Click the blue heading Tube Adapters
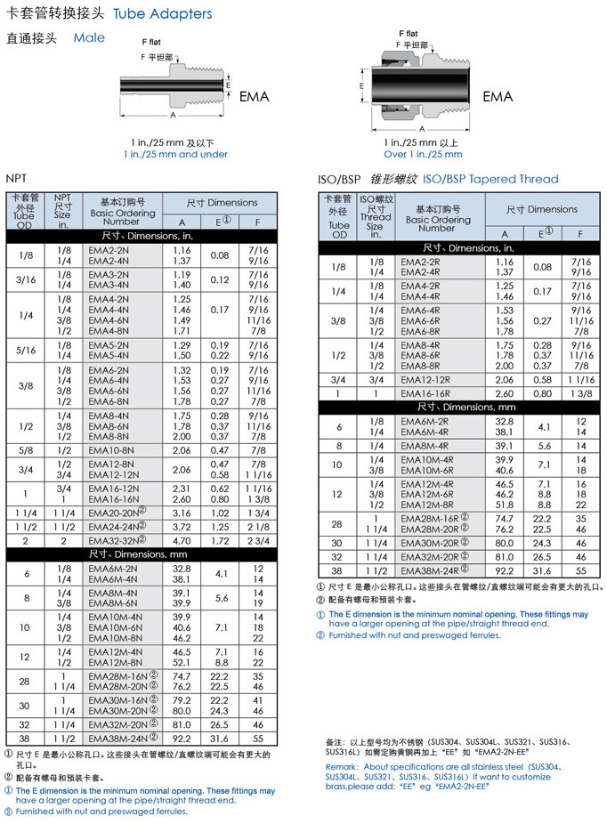click(163, 13)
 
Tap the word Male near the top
click(89, 37)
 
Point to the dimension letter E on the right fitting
click(361, 85)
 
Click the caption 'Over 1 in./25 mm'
click(423, 154)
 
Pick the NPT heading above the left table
click(16, 178)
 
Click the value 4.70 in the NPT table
click(182, 540)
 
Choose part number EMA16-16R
click(425, 392)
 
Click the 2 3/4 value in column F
click(259, 540)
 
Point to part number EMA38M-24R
click(430, 570)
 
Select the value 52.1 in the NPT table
click(182, 662)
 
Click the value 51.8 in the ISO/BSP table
click(504, 505)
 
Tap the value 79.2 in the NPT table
click(182, 699)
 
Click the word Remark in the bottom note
click(343, 766)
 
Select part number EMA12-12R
click(425, 379)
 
